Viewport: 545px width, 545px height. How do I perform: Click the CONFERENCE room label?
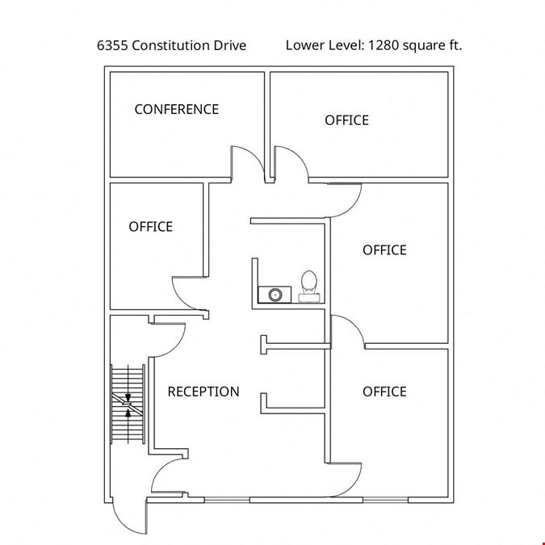click(x=177, y=109)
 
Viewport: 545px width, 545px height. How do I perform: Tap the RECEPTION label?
click(x=203, y=392)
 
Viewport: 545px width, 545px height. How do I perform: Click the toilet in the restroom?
click(x=308, y=286)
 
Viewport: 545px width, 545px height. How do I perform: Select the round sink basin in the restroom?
click(x=275, y=295)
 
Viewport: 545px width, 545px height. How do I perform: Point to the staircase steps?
click(x=128, y=404)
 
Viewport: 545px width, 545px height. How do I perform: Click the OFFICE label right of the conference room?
click(x=346, y=120)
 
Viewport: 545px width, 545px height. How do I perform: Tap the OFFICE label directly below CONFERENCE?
click(x=150, y=227)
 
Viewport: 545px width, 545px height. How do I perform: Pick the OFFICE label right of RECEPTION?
click(x=384, y=392)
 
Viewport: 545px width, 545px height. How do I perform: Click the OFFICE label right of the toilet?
click(x=384, y=250)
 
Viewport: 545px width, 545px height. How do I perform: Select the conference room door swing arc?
click(x=254, y=157)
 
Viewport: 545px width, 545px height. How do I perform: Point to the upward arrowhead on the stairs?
click(x=128, y=413)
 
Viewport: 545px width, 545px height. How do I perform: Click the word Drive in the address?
click(x=230, y=45)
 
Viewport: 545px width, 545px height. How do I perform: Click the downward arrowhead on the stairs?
click(x=128, y=398)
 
